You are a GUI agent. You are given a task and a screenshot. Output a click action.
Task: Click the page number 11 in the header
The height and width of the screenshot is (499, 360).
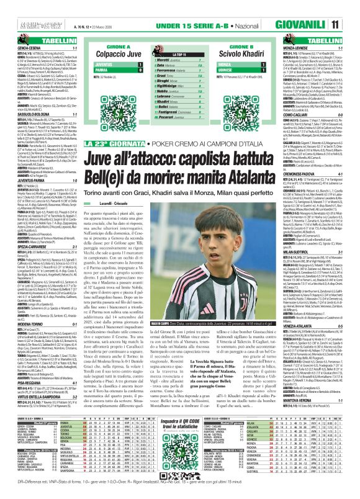pos(351,7)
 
